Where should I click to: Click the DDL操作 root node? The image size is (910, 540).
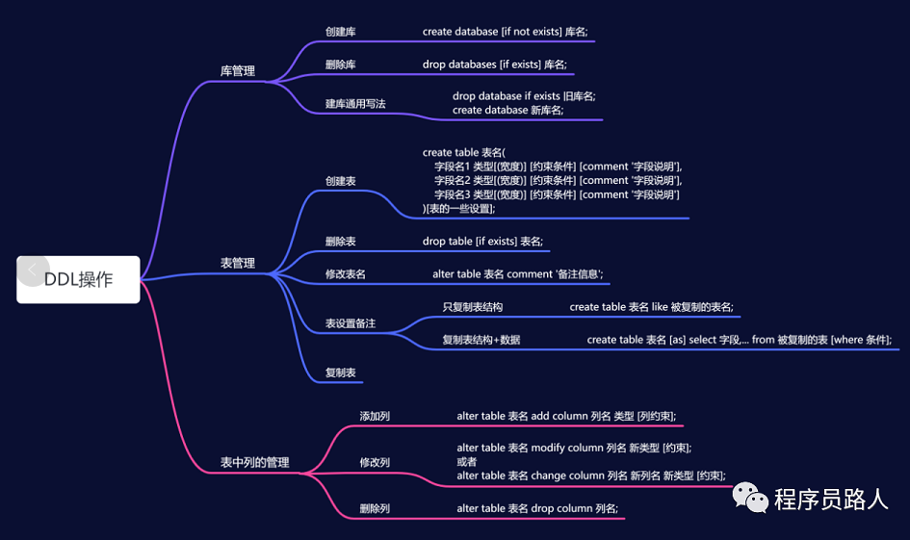point(78,279)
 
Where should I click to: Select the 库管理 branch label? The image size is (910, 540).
point(238,71)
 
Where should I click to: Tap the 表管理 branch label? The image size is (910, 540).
point(238,263)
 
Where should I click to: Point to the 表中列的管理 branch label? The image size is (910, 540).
point(254,463)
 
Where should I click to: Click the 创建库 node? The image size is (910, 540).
point(341,32)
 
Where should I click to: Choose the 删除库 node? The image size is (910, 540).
point(341,65)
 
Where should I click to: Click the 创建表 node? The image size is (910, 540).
point(341,181)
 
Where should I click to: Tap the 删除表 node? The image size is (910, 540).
point(341,242)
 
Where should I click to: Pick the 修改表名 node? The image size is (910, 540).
point(346,274)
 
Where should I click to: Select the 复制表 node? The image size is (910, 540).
point(341,373)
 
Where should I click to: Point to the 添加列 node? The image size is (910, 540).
point(375,417)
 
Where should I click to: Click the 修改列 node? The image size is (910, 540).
point(375,463)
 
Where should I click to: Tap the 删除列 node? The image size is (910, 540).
point(375,508)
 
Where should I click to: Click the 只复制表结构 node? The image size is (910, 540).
point(472,307)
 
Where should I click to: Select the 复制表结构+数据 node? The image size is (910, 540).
point(481,340)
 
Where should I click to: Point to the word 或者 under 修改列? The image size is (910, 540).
point(467,462)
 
